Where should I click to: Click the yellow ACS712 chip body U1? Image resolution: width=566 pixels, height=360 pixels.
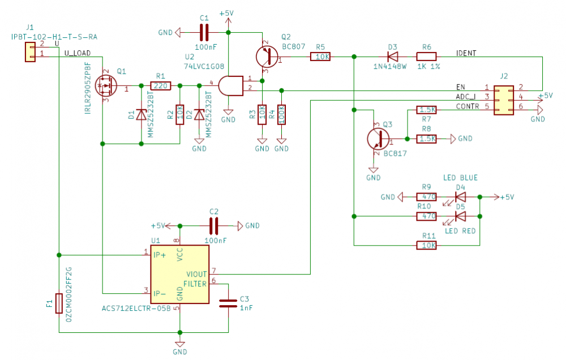179,274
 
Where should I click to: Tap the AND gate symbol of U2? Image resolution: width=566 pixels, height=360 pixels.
229,86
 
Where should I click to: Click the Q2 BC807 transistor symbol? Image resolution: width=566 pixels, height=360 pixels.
265,57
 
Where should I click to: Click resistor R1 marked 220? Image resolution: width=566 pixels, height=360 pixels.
161,86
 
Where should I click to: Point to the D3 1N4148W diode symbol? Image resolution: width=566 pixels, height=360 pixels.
391,57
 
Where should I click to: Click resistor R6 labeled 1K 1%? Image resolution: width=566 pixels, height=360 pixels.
426,57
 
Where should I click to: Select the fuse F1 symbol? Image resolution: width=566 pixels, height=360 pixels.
59,303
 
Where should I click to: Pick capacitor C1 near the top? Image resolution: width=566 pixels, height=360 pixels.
204,32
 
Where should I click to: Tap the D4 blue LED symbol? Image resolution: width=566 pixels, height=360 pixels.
460,197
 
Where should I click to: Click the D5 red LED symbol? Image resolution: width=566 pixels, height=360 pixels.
460,216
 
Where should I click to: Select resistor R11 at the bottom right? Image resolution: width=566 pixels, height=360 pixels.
426,245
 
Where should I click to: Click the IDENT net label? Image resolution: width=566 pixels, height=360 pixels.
466,53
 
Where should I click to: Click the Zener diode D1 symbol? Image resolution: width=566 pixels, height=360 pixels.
141,115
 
